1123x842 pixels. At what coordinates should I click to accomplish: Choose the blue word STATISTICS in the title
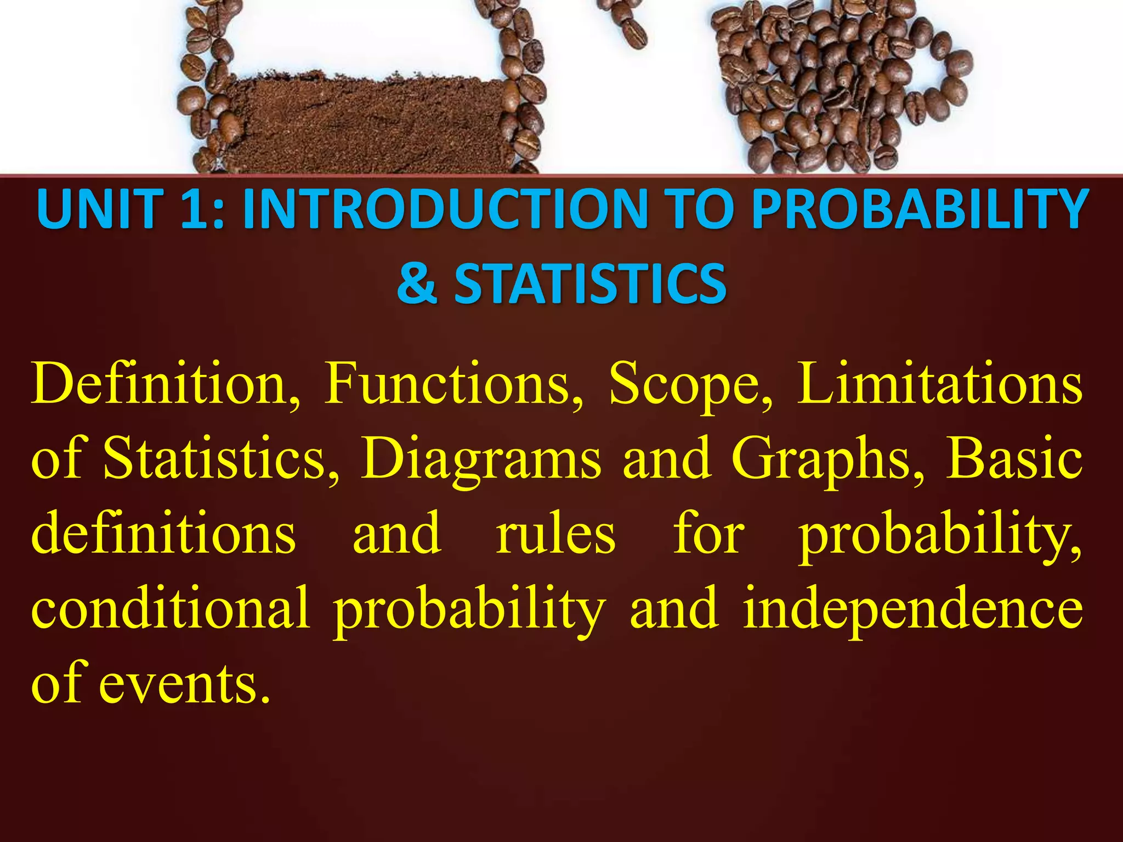[590, 283]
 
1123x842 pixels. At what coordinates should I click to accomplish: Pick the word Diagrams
[480, 460]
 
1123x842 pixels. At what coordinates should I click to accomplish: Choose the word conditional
[171, 608]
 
